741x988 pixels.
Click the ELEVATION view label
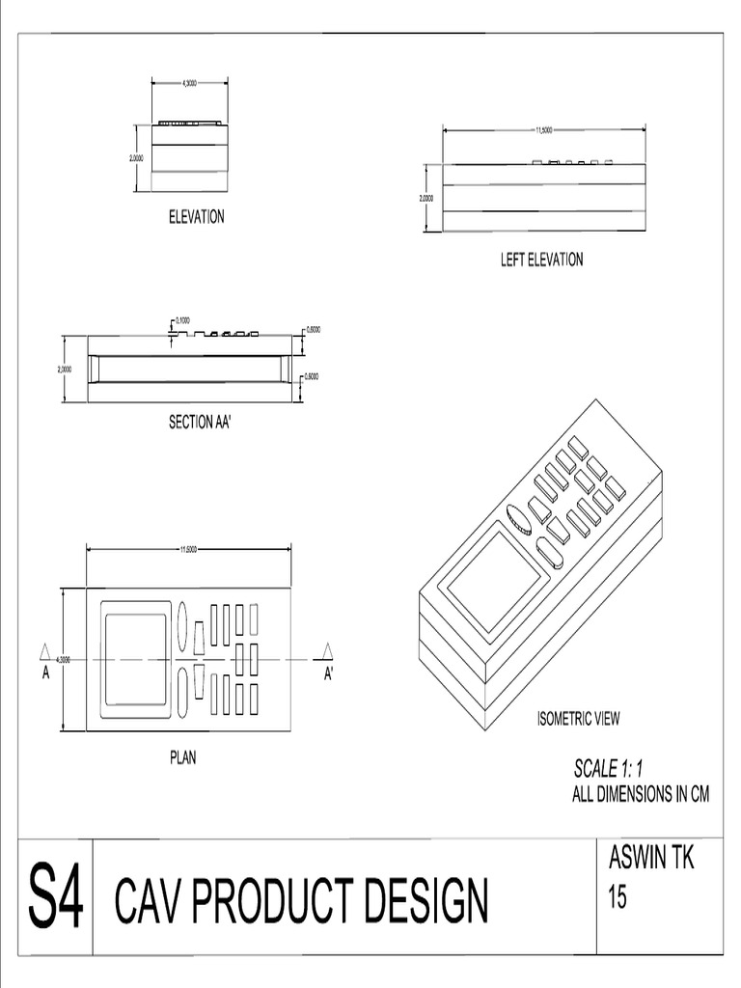point(197,217)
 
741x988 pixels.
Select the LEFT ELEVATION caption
point(541,260)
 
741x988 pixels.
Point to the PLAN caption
point(182,758)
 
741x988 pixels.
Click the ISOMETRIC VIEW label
point(579,718)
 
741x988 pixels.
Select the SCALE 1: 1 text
point(608,769)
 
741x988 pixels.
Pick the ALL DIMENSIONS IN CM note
point(641,795)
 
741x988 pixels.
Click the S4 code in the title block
point(56,897)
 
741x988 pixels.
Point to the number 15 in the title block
point(617,897)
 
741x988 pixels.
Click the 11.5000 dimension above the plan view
point(188,550)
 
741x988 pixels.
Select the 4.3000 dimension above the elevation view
point(189,83)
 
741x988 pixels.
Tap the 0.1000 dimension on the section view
point(182,320)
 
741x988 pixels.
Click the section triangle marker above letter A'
point(328,651)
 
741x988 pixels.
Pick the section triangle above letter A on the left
point(44,651)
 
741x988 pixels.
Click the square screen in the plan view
point(136,659)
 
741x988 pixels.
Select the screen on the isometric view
point(494,581)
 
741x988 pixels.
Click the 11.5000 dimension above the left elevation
point(544,130)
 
